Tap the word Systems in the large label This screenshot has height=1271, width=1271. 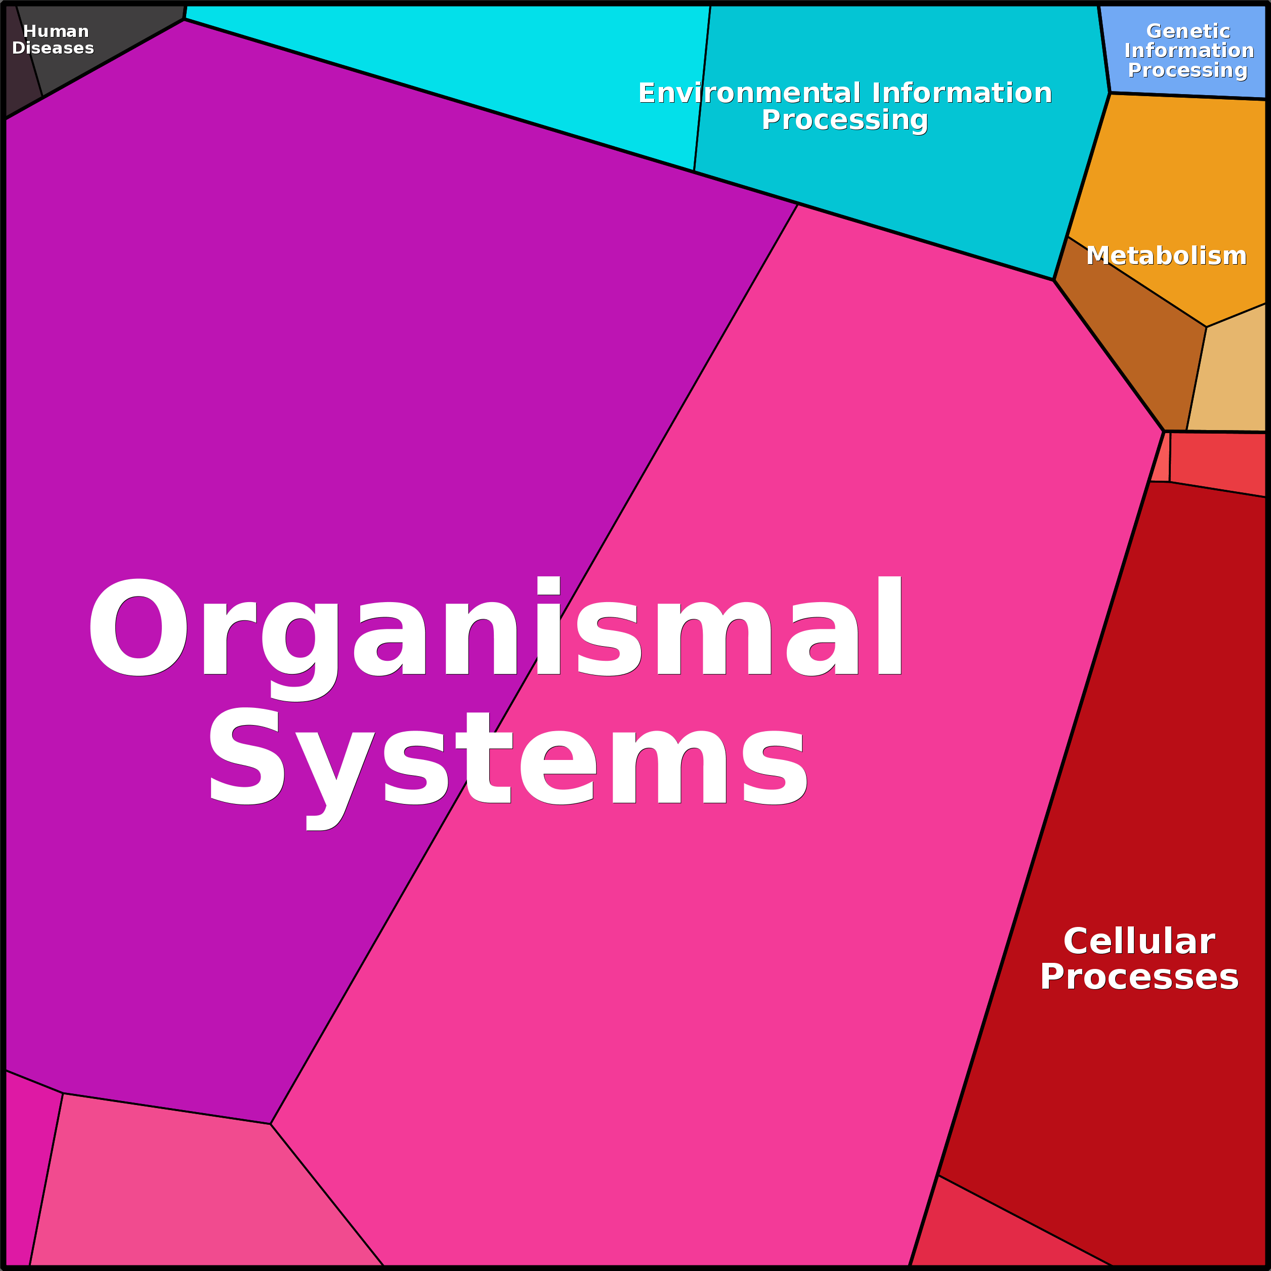point(508,767)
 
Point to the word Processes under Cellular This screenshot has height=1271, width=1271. point(1139,977)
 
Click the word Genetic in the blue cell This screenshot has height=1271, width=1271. point(1188,31)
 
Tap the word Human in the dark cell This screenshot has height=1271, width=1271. point(56,31)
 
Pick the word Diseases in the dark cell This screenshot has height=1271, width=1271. point(53,48)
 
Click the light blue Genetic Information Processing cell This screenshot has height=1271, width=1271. point(1184,53)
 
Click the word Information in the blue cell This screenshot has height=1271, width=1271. point(1190,50)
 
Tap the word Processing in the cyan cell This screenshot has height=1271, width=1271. point(844,120)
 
